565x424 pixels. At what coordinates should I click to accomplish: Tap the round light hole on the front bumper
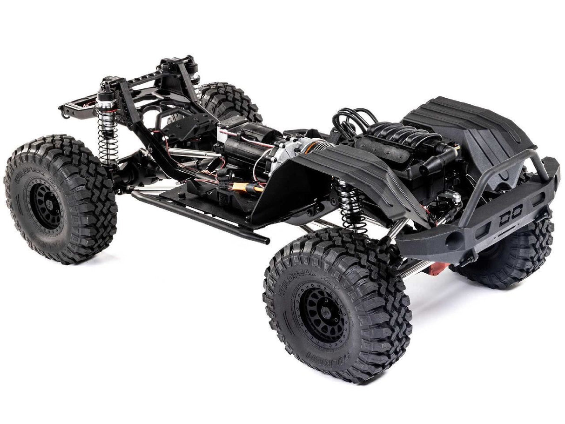[453, 242]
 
